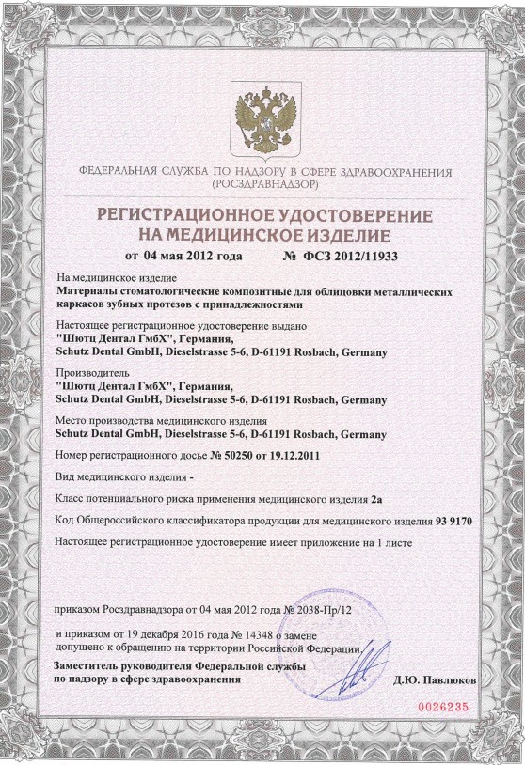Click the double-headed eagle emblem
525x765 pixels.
pyautogui.click(x=262, y=118)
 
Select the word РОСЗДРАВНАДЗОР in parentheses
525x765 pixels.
pyautogui.click(x=262, y=185)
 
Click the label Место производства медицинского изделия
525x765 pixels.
pyautogui.click(x=162, y=420)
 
